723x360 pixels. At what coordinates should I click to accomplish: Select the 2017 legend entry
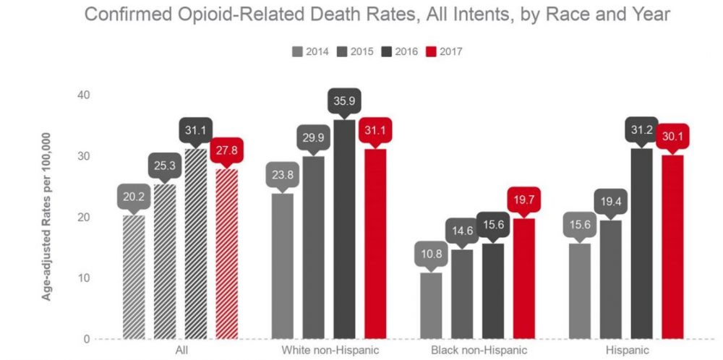click(x=444, y=51)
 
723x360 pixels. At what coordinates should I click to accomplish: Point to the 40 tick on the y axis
click(x=85, y=95)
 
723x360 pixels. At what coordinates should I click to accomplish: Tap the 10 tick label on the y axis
click(x=85, y=278)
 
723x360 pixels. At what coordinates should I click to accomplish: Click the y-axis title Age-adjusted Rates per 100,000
click(x=46, y=216)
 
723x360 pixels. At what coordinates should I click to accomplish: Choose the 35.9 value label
click(x=344, y=101)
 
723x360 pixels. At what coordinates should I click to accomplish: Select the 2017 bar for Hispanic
click(x=672, y=247)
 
